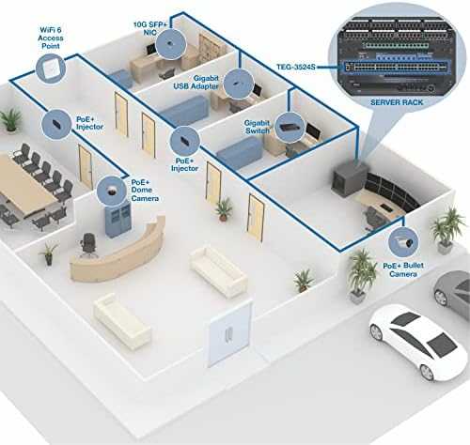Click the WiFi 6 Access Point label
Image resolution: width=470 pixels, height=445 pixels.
(x=51, y=38)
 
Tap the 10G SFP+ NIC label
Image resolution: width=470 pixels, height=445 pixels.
(x=150, y=28)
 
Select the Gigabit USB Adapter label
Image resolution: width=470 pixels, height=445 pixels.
(x=196, y=83)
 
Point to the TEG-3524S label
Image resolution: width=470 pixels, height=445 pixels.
(x=296, y=67)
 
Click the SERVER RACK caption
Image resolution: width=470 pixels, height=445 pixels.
(x=397, y=102)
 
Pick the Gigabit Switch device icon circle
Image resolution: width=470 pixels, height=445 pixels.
(x=290, y=128)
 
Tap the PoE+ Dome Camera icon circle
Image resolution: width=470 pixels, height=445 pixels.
(x=111, y=191)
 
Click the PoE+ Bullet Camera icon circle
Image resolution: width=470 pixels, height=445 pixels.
(x=403, y=242)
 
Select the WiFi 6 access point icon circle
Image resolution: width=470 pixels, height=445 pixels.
(x=51, y=69)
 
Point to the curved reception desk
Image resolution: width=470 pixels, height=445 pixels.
(x=119, y=251)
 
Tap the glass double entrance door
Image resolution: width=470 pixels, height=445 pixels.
(x=229, y=333)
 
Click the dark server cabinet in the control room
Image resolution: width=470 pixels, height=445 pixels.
(x=350, y=179)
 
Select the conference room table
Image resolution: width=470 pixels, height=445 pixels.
(x=25, y=185)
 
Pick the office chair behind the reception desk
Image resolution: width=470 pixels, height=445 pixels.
(x=89, y=245)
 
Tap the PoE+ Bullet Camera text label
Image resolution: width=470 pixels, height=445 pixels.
(x=403, y=269)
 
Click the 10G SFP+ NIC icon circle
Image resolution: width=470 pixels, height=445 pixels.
(x=171, y=43)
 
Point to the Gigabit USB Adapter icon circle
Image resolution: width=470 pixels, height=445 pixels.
(x=239, y=84)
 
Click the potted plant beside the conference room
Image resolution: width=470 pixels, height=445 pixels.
(x=10, y=119)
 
